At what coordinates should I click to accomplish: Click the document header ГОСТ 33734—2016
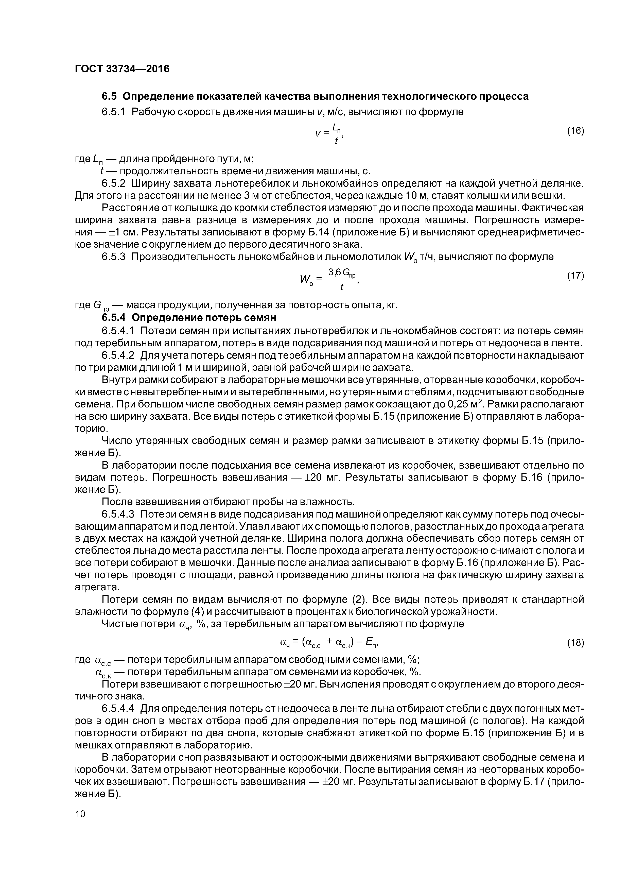[122, 69]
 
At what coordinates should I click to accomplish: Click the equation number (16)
[575, 131]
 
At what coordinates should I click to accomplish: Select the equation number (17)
[575, 276]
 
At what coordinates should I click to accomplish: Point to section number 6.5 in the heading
[109, 96]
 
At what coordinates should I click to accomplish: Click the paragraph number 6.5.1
[114, 112]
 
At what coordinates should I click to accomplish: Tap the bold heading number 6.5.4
[114, 317]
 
